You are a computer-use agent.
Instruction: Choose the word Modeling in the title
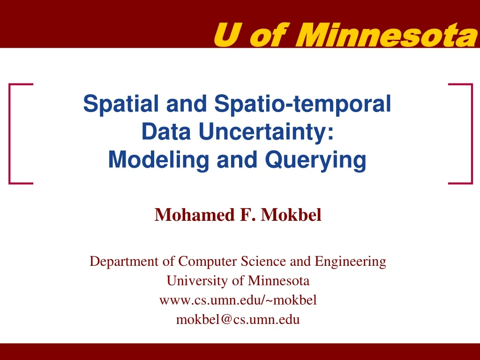click(149, 160)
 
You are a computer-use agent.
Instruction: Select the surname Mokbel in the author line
click(292, 215)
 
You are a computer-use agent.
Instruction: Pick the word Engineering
click(351, 262)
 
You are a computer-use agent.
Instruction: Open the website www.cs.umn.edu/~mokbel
click(238, 300)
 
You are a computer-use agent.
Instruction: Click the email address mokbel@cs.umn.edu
click(238, 320)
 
